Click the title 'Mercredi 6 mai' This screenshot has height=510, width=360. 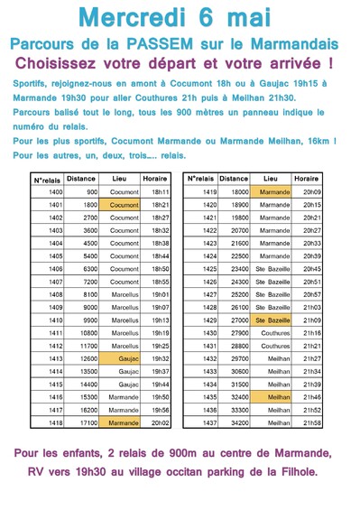pos(180,18)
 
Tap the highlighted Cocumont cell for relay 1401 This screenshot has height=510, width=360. pos(124,205)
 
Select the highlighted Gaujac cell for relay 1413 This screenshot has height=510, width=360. pos(124,358)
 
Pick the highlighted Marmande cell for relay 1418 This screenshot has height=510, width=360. pos(124,422)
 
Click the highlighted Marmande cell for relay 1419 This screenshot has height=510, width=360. pos(273,192)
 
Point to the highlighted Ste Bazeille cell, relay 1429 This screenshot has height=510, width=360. pos(273,320)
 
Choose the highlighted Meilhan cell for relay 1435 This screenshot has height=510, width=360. pos(273,396)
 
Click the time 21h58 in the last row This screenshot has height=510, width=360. pos(312,422)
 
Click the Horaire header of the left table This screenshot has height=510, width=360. pos(159,179)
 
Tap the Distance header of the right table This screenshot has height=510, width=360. pos(234,179)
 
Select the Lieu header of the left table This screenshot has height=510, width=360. pos(124,179)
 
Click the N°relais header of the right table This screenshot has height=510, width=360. pos(200,179)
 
